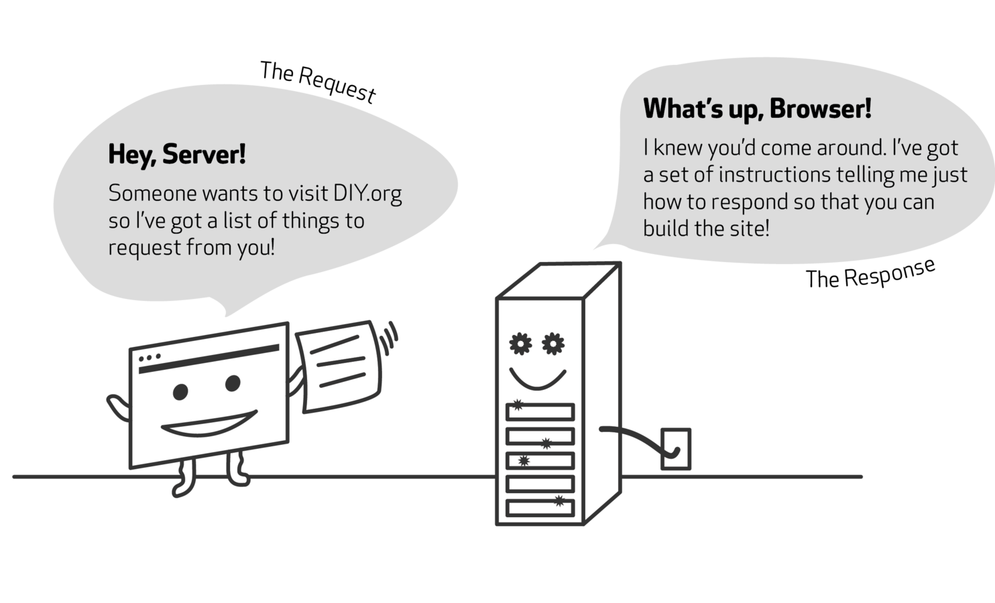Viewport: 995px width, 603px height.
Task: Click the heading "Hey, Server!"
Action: point(177,155)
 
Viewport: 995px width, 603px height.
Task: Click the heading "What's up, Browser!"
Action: point(757,109)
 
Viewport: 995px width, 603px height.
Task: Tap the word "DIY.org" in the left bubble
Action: point(367,194)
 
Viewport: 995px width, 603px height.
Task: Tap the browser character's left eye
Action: point(180,391)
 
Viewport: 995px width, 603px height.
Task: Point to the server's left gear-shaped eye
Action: point(520,344)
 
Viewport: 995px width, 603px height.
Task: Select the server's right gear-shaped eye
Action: point(553,344)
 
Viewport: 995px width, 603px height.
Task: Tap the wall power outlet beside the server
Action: point(675,448)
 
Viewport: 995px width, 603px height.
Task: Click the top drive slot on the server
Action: point(540,411)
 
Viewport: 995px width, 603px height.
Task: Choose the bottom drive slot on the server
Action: point(540,507)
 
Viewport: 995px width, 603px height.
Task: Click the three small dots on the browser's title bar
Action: point(150,358)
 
